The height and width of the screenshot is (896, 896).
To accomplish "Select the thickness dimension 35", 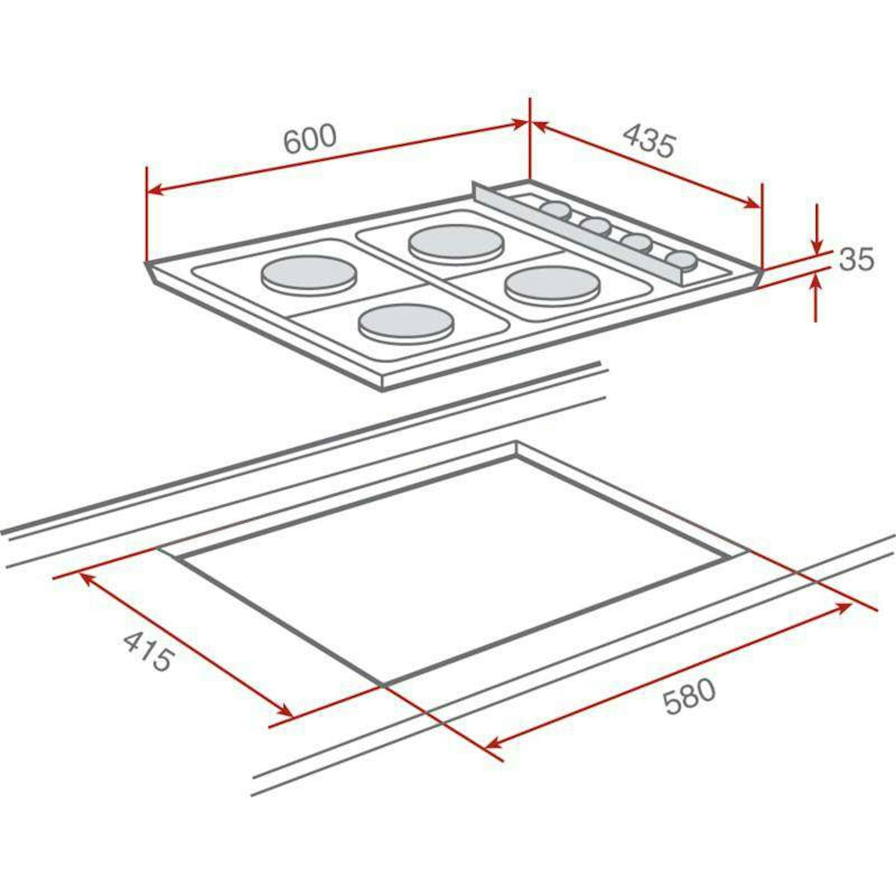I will coord(856,259).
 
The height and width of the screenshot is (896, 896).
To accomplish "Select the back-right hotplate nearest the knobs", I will coord(456,243).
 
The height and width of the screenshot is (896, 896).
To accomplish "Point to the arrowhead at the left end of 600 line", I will coord(155,190).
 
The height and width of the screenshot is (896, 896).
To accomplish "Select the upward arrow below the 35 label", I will coord(817,284).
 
